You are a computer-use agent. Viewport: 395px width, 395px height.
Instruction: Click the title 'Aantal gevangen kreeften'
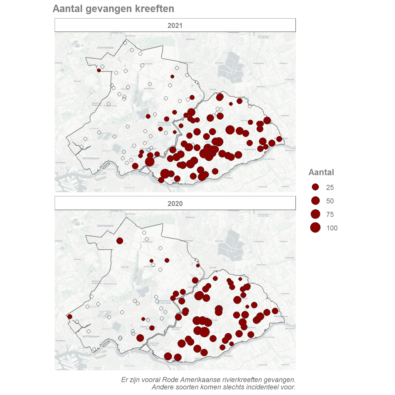coord(113,9)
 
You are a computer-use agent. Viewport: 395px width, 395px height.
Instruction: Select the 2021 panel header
coord(175,26)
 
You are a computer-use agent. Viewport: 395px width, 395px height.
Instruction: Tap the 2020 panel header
coord(175,203)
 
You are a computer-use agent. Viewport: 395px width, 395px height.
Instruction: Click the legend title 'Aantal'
coord(321,172)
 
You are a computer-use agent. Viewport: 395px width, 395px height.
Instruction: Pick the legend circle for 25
coord(315,187)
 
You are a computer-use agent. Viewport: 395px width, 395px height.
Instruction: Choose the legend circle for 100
coord(315,227)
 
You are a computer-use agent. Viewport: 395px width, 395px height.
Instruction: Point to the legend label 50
coord(330,201)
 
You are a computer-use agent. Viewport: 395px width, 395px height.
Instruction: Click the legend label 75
coord(330,215)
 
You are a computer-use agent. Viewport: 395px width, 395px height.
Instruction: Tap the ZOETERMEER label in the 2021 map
coord(105,48)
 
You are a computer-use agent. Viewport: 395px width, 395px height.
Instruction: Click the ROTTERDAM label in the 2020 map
coord(91,336)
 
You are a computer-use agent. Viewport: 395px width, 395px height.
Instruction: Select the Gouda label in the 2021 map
coord(213,89)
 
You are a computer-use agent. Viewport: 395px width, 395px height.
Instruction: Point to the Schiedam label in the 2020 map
coord(61,341)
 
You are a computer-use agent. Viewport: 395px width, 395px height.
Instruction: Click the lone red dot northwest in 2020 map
coord(120,241)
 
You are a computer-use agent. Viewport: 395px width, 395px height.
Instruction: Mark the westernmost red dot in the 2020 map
coord(70,317)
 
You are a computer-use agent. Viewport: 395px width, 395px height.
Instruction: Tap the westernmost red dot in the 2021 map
coord(99,70)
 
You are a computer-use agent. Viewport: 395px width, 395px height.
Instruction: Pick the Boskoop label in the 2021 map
coord(190,39)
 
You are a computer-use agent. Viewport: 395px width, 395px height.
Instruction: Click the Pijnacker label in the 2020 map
coord(78,259)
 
